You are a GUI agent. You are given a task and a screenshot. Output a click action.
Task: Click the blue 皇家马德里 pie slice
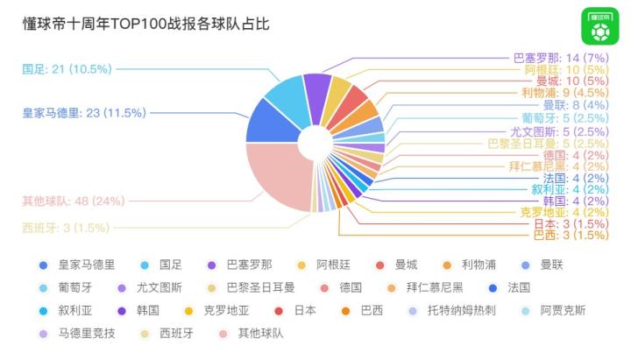pos(268,124)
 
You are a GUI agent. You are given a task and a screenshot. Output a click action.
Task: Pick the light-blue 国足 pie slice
pos(286,94)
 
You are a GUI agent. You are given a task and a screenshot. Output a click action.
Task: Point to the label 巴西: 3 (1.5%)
pos(571,235)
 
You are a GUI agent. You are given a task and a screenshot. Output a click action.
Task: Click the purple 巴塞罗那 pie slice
pos(316,88)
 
